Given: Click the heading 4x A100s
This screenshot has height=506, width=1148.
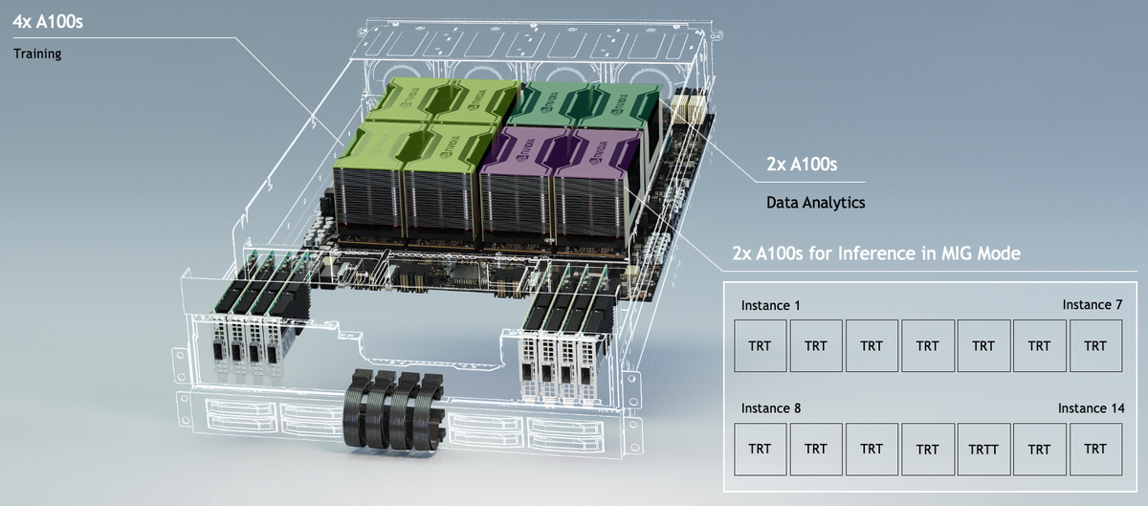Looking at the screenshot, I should pos(48,20).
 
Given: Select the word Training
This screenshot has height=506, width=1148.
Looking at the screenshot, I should pos(37,55).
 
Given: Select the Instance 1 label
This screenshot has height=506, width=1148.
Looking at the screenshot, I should pos(771,304).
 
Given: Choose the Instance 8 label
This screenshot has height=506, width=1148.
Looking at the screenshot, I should pos(771,407).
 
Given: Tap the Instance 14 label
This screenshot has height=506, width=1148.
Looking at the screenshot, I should pos(1090,407).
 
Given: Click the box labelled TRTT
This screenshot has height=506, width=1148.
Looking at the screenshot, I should pos(983,450).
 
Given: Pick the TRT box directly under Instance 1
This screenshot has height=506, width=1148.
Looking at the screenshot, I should pos(760,346).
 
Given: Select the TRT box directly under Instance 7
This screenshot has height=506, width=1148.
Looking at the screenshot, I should pos(1095,346).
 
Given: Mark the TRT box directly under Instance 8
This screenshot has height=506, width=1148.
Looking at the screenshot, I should pos(760,450).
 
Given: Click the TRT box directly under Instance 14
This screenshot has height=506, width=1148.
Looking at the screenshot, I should pos(1095,450).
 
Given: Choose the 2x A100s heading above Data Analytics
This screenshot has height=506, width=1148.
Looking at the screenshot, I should pos(802,165).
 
